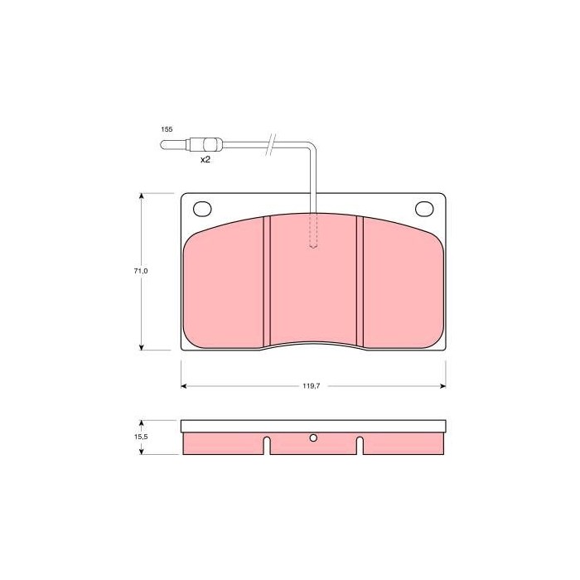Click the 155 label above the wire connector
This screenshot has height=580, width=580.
pos(167,129)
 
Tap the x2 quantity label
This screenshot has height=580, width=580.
pos(205,160)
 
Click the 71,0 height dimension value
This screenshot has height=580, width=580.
pos(141,271)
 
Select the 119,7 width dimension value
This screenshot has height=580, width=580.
pos(312,386)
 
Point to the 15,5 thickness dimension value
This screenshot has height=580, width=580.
pos(141,437)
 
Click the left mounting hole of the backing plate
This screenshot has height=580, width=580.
pos(202,209)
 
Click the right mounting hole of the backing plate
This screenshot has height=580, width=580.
pos(424,209)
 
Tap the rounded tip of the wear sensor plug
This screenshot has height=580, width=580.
pos(162,145)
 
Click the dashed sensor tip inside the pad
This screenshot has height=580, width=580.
pos(313,230)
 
